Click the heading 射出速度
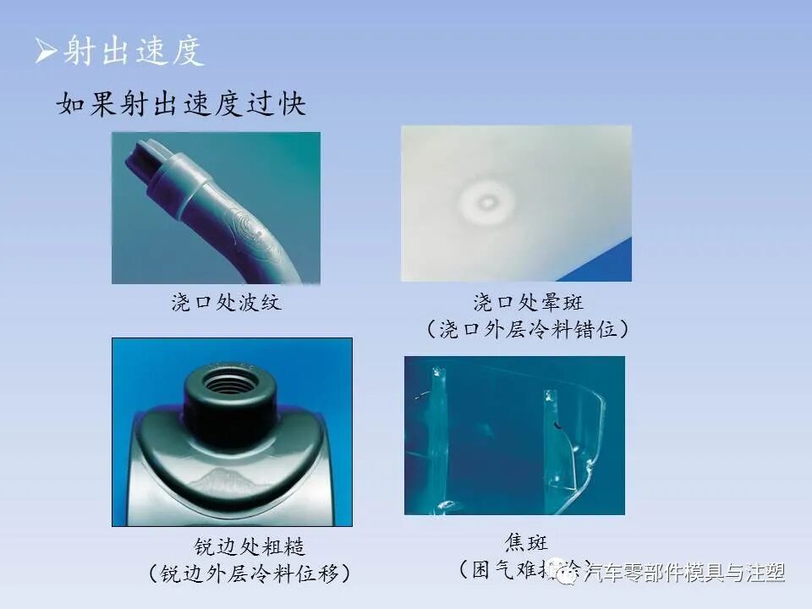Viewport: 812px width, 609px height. pos(134,51)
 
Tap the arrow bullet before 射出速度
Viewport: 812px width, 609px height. pos(46,52)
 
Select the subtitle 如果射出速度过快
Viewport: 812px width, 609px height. pos(181,104)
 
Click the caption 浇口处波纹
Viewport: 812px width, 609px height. pos(226,303)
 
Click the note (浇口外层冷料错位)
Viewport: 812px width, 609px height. pos(528,329)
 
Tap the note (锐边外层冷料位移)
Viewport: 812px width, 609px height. pos(249,573)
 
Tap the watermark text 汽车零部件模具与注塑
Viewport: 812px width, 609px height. pos(685,573)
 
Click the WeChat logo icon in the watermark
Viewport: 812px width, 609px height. pos(560,573)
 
